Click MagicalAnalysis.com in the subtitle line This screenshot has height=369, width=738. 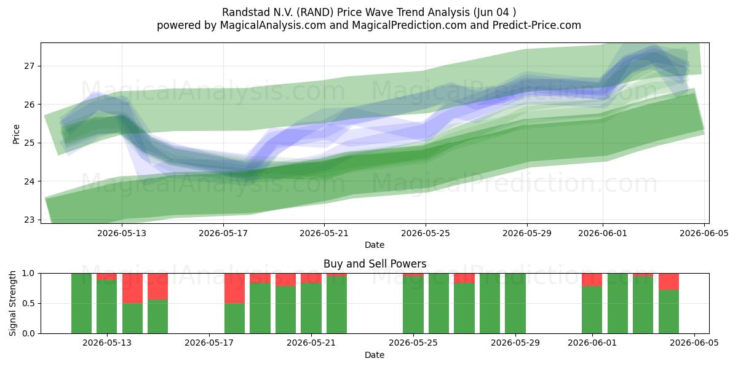[x=273, y=25]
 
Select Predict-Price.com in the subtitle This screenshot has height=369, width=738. [x=537, y=25]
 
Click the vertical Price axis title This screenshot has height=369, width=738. [x=16, y=134]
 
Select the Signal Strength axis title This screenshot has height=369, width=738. [x=12, y=303]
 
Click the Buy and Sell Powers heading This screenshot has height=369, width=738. [x=375, y=264]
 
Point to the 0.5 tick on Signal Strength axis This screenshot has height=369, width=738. [x=28, y=303]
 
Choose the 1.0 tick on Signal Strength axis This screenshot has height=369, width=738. [x=28, y=274]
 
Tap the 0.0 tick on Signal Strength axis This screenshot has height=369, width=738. [x=28, y=333]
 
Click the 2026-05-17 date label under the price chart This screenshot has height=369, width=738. [x=223, y=233]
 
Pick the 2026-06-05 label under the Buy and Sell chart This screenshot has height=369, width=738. [x=694, y=343]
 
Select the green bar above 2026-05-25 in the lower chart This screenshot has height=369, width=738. [x=413, y=305]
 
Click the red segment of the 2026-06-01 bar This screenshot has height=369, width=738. [x=592, y=280]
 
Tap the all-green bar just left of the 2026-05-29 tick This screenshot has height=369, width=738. [x=515, y=303]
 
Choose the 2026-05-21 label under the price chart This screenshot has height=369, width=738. [x=324, y=233]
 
